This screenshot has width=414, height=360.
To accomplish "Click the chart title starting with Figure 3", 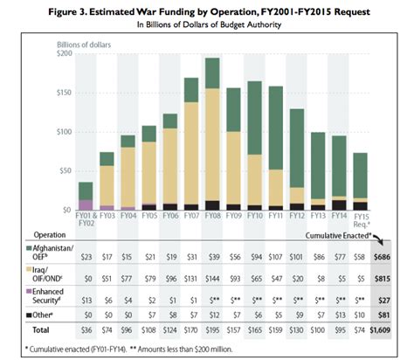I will [x=206, y=10].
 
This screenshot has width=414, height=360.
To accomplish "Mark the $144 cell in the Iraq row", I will [x=212, y=279].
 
